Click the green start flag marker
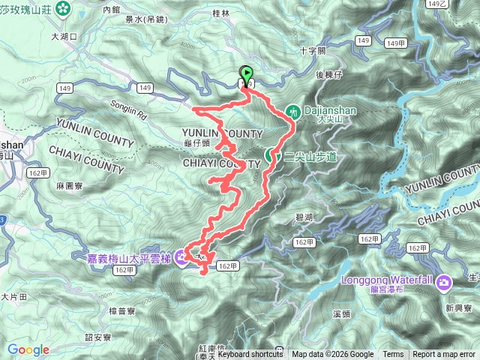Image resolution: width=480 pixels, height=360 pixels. pos(246,74)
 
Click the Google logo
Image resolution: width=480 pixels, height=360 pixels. pos(28,349)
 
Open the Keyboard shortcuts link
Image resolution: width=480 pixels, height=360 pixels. pos(250,355)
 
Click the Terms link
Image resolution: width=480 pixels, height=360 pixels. pos(393,355)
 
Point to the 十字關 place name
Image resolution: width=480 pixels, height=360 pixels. pos(311,51)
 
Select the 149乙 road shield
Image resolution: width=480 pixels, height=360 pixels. pos(457,4)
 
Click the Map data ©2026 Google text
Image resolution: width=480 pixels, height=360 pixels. pos(333,355)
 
